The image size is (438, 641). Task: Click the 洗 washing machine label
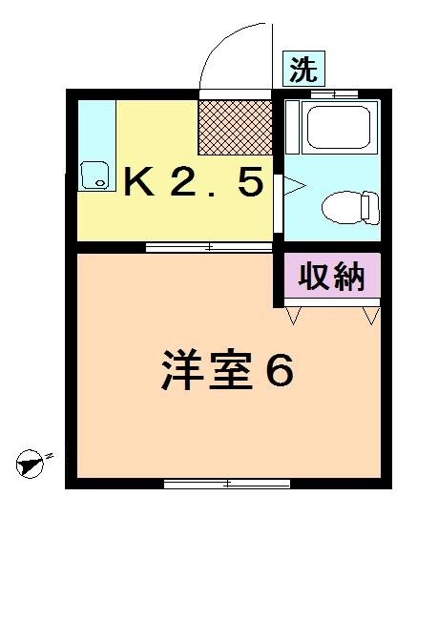[304, 69]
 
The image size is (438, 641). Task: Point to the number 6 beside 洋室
[278, 371]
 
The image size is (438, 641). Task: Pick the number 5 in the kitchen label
[249, 180]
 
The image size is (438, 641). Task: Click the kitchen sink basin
[94, 175]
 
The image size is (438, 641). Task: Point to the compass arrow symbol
[31, 465]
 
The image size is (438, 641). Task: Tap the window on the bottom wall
[227, 484]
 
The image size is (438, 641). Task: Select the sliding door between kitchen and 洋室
[209, 247]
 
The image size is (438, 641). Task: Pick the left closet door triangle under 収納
[293, 313]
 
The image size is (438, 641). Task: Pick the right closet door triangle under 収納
[371, 313]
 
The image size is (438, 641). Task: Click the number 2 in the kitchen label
[182, 180]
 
